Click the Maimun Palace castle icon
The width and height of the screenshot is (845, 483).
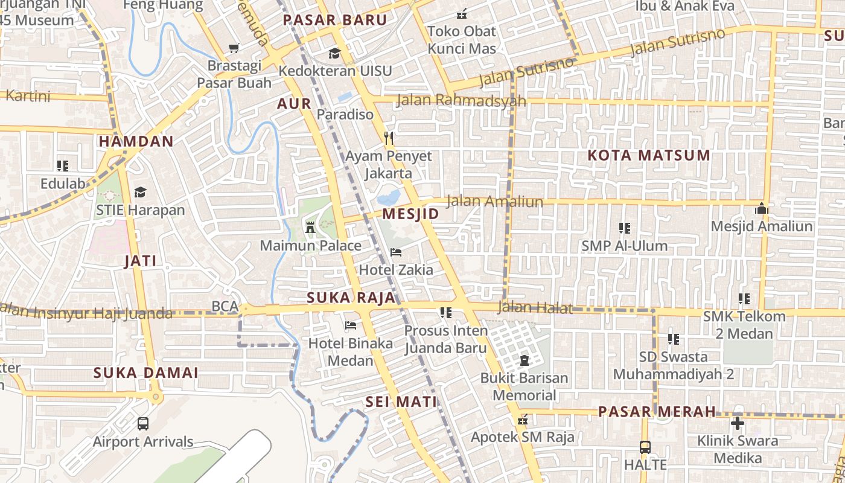(x=311, y=227)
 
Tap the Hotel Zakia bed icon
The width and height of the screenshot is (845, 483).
(x=396, y=252)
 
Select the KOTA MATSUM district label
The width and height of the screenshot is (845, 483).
(x=649, y=155)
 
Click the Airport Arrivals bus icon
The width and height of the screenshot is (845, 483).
(x=143, y=423)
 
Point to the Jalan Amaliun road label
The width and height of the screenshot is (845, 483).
(x=494, y=202)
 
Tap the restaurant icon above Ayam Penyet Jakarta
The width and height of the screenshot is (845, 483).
(x=389, y=138)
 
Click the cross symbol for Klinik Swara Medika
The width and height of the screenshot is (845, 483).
(x=737, y=423)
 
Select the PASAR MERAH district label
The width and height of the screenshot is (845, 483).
(x=657, y=412)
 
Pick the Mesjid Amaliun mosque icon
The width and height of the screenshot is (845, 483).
(x=762, y=209)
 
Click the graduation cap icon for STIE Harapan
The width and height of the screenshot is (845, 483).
(x=141, y=192)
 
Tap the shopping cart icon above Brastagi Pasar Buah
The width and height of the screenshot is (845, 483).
(x=234, y=48)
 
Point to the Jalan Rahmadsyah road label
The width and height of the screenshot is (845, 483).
(x=461, y=100)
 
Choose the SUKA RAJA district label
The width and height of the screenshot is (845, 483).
(x=351, y=298)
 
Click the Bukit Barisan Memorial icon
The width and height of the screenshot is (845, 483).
(x=524, y=360)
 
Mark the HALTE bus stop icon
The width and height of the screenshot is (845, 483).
(x=645, y=447)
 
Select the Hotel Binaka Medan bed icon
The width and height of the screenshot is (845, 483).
(x=350, y=325)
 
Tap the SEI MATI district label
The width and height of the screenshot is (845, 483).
(x=401, y=402)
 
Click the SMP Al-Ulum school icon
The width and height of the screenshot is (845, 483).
(x=625, y=228)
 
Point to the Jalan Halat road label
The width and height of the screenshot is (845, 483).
(x=535, y=308)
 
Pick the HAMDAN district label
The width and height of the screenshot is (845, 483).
(x=136, y=141)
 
